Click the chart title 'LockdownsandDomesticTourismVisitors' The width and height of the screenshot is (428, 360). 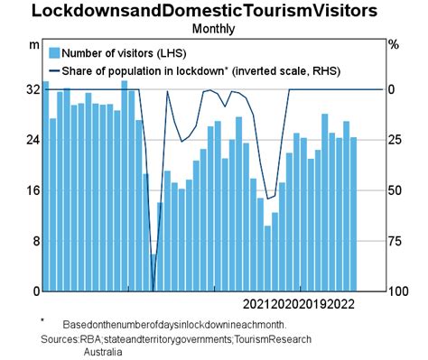coord(213,12)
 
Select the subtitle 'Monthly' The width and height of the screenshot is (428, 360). coord(213,28)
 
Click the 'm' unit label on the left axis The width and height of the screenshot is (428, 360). coord(33,43)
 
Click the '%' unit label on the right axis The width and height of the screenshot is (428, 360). coord(393,43)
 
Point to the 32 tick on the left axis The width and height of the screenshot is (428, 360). coord(33,89)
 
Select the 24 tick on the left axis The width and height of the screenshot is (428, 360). coord(33,140)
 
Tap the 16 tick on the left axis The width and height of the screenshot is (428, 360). coord(33,190)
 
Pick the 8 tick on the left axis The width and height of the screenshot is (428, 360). coord(35,241)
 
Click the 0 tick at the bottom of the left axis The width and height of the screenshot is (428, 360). coord(35,291)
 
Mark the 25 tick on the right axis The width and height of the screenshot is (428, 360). coord(394,140)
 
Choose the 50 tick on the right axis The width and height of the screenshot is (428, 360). coord(394,190)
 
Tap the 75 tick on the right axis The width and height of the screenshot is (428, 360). coord(394,241)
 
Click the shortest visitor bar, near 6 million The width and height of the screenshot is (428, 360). coord(154,272)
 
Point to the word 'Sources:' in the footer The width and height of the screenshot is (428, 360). coord(60,339)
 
